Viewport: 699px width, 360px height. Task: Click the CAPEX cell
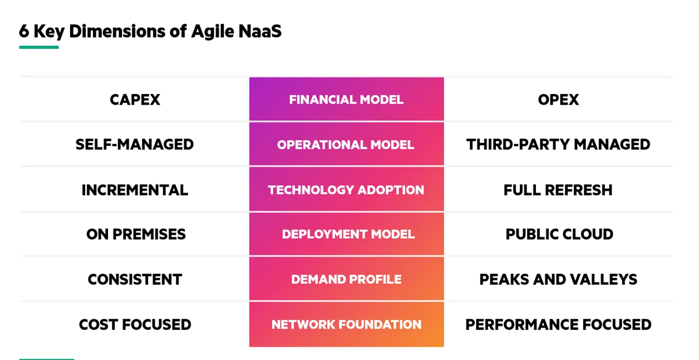135,100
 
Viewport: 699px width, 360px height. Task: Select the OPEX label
558,100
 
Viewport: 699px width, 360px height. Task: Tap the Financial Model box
346,99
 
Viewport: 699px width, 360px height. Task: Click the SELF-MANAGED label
135,145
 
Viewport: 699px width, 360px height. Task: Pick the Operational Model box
346,144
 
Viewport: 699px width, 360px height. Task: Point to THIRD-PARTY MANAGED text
558,145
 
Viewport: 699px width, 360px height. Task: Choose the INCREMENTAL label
135,190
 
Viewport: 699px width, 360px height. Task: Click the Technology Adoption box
346,189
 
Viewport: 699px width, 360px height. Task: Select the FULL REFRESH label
558,190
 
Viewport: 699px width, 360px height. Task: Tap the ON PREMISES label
136,234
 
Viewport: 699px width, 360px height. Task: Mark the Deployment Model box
346,234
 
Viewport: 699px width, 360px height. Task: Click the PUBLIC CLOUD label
559,234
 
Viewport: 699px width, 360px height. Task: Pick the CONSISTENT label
135,279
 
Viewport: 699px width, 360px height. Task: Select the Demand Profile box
346,279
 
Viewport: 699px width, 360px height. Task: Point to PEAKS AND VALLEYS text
558,279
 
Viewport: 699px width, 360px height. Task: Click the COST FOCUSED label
135,324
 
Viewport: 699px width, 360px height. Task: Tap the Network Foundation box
346,324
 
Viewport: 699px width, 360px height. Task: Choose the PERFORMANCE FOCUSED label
558,324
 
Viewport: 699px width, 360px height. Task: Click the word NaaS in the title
260,31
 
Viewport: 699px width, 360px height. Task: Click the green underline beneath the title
39,47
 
